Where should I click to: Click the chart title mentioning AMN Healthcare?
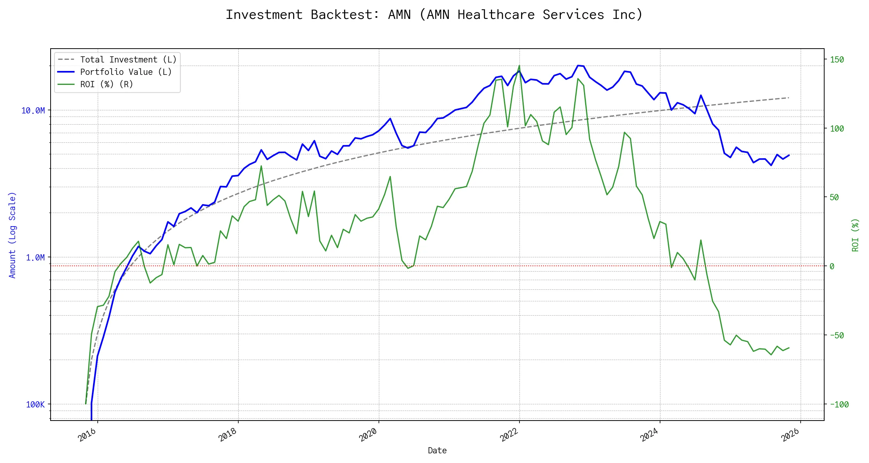click(x=434, y=15)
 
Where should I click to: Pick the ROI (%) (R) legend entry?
click(x=106, y=84)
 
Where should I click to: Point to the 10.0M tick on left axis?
click(x=33, y=111)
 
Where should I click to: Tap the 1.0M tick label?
click(x=35, y=258)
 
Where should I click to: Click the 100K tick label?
click(x=35, y=405)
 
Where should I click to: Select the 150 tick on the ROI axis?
click(x=837, y=60)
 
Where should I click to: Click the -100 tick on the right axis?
click(x=839, y=405)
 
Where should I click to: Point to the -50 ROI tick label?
click(x=837, y=335)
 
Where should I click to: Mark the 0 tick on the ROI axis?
click(x=832, y=266)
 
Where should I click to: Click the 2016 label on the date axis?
click(x=87, y=435)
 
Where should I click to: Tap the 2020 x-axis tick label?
click(x=368, y=435)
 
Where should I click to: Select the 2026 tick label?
click(x=790, y=435)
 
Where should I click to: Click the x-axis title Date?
click(x=437, y=451)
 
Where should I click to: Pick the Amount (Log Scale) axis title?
click(x=12, y=235)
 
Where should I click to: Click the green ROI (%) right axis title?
click(x=855, y=235)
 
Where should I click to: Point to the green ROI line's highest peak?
click(x=519, y=66)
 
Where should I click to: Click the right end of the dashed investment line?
click(x=788, y=98)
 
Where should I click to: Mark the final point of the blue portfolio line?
click(x=789, y=155)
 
